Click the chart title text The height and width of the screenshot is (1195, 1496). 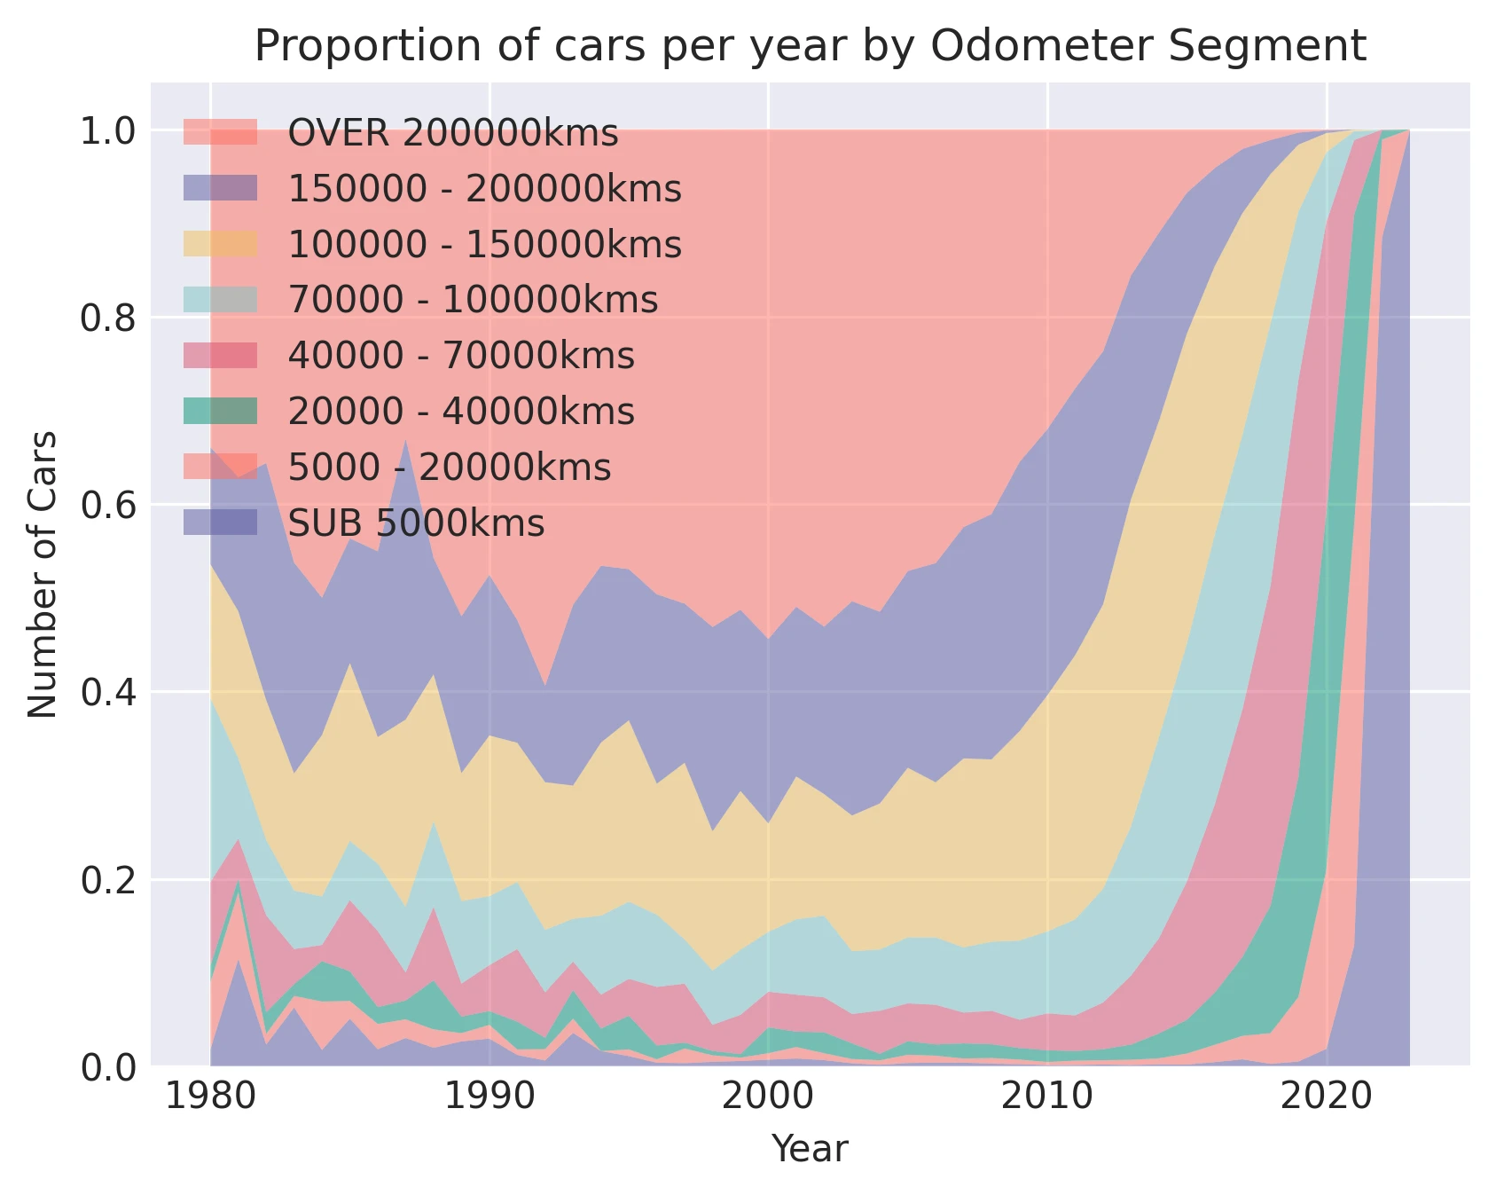tap(810, 46)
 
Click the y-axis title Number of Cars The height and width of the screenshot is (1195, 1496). tap(43, 574)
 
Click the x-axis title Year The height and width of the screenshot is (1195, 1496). tap(810, 1149)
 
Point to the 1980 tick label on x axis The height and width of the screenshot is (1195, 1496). tap(210, 1097)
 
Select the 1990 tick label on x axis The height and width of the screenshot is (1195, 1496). tap(490, 1097)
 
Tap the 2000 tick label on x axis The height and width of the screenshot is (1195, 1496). tap(768, 1097)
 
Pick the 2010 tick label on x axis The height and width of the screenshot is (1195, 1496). tap(1047, 1097)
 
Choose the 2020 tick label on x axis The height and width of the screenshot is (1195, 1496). tap(1326, 1097)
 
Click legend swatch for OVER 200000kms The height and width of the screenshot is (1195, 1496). tap(220, 132)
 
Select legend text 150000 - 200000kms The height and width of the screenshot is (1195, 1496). tap(485, 189)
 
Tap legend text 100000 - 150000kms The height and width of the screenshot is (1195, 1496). tap(485, 245)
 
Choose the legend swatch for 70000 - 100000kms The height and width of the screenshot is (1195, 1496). tap(220, 300)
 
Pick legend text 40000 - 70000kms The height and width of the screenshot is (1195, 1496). tap(461, 356)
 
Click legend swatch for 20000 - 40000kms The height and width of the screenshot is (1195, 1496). tap(220, 411)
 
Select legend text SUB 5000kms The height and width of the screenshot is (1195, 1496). tap(416, 523)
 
